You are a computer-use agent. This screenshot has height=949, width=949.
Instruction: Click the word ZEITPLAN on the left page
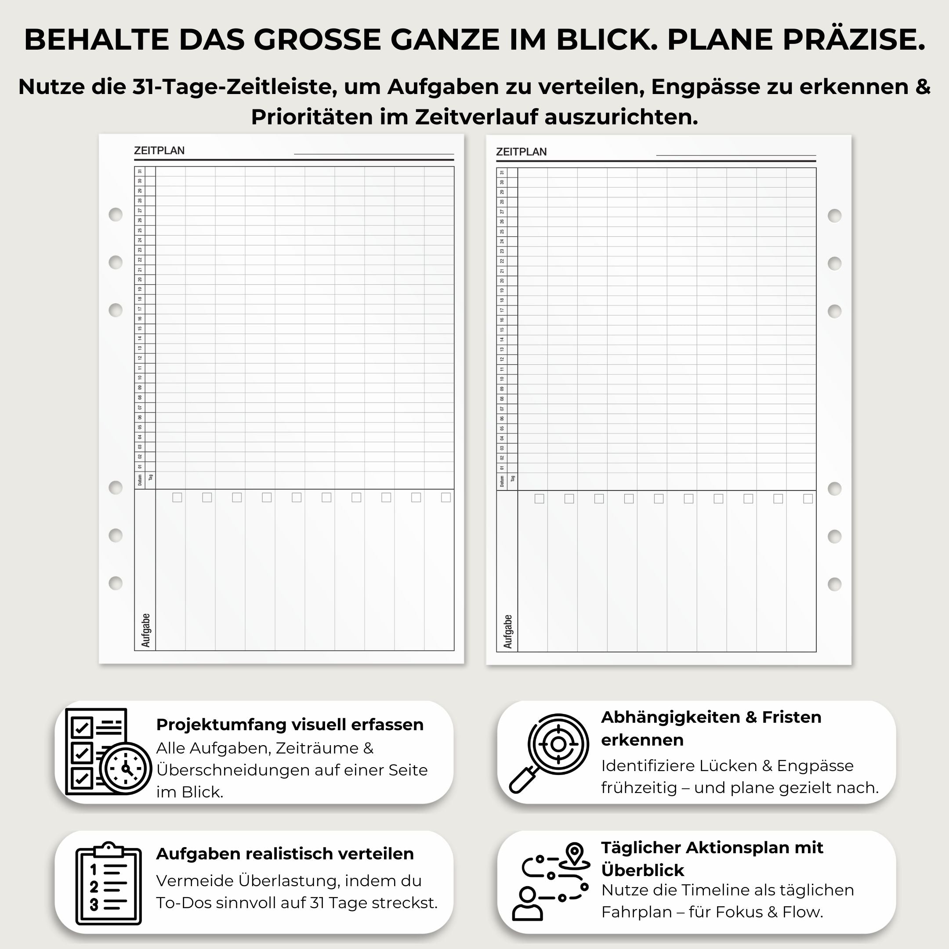[159, 151]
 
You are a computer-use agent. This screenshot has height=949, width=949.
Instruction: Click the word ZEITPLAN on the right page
[521, 152]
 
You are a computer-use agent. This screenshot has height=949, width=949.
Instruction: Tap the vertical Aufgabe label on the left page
[145, 630]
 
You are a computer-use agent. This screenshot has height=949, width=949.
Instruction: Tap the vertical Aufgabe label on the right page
[507, 631]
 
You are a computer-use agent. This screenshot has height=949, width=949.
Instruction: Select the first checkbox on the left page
[177, 498]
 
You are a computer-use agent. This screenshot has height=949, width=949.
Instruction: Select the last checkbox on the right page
[808, 499]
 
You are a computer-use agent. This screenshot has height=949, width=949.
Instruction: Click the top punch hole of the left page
[116, 215]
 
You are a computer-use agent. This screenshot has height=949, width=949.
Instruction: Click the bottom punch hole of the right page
[835, 584]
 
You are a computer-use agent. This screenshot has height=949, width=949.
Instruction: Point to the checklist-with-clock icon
[108, 752]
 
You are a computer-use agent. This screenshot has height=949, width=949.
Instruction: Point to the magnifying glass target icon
[550, 752]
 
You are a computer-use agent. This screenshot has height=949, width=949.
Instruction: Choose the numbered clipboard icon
[109, 884]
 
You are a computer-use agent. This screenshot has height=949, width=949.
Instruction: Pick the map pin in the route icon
[575, 852]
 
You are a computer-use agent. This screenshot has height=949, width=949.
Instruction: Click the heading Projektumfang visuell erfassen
[290, 724]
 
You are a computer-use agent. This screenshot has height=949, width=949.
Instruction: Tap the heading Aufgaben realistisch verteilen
[285, 854]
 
